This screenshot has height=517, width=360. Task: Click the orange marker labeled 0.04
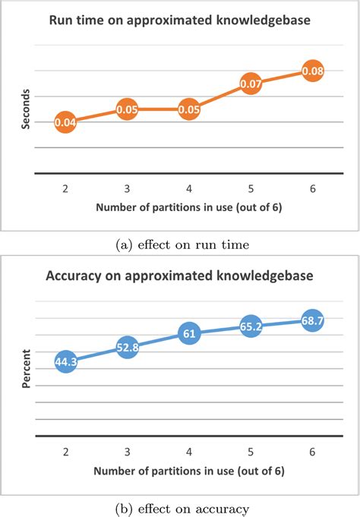pyautogui.click(x=66, y=122)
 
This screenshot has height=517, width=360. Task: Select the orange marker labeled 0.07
pyautogui.click(x=251, y=84)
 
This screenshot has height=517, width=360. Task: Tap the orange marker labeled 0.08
pyautogui.click(x=313, y=71)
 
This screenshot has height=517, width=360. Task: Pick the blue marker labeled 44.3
pyautogui.click(x=66, y=362)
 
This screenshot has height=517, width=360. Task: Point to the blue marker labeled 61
pyautogui.click(x=189, y=333)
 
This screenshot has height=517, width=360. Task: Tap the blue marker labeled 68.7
pyautogui.click(x=313, y=320)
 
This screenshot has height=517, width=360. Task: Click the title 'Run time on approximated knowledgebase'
pyautogui.click(x=180, y=21)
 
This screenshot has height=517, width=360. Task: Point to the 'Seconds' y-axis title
pyautogui.click(x=27, y=111)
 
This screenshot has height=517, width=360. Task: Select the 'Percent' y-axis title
pyautogui.click(x=26, y=369)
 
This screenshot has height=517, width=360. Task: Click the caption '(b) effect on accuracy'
pyautogui.click(x=180, y=506)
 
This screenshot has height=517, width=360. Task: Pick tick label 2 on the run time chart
pyautogui.click(x=66, y=187)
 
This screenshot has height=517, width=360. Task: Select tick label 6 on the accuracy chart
pyautogui.click(x=313, y=450)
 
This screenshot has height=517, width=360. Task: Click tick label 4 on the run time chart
pyautogui.click(x=189, y=187)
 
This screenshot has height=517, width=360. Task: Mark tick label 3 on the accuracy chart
pyautogui.click(x=128, y=450)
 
